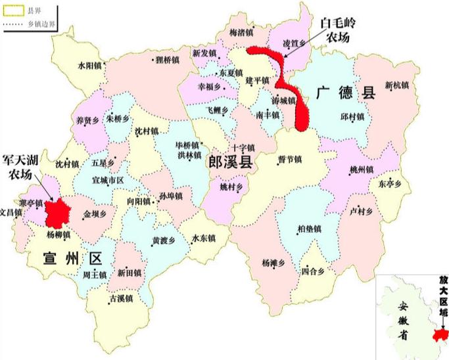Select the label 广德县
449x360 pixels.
344,93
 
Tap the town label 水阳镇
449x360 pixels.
89,66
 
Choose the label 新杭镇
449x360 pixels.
397,85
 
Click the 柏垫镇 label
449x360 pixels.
309,229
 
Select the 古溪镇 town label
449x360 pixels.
120,298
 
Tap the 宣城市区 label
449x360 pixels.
108,179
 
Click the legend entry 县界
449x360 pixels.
32,11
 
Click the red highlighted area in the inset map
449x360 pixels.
436,335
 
